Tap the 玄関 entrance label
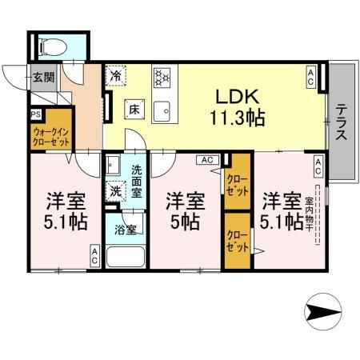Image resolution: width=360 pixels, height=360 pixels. coord(43,78)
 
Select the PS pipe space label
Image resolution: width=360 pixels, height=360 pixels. coord(35,114)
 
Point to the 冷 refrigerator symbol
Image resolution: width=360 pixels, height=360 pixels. coord(117,77)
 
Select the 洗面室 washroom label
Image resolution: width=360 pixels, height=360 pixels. coord(137,181)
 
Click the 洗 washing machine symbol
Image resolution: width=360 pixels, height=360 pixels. coord(117,191)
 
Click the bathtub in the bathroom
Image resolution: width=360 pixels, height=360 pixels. coord(126,258)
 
